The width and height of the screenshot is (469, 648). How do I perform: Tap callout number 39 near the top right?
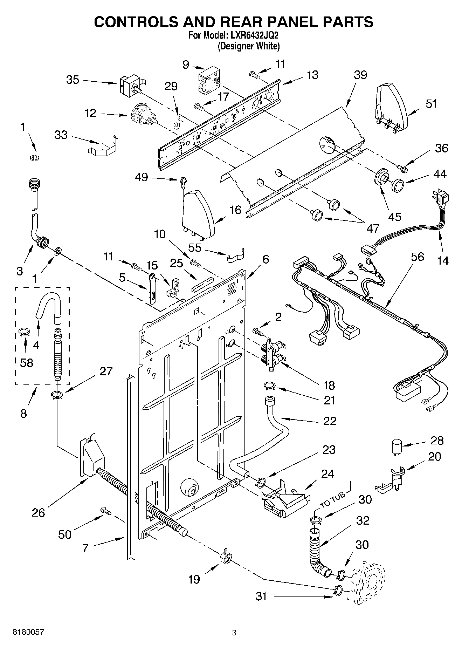pos(360,75)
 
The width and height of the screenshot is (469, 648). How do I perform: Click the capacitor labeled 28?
pos(396,448)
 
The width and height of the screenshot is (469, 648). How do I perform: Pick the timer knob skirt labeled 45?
pos(381,177)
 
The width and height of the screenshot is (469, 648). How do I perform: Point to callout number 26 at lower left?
pos(38,512)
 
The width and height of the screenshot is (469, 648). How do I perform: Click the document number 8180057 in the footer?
pos(28,632)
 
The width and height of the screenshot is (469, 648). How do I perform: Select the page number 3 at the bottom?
pos(234,633)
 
